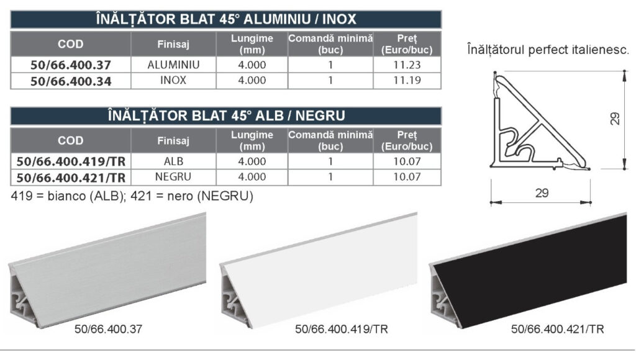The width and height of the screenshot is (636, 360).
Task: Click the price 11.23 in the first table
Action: [407, 65]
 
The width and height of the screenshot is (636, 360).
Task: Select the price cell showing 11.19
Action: [407, 81]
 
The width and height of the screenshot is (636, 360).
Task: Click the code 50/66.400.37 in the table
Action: [71, 65]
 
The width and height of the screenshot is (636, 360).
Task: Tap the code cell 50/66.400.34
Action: [71, 81]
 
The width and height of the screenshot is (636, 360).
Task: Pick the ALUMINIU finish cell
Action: [173, 65]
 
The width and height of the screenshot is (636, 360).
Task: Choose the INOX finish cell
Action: [173, 81]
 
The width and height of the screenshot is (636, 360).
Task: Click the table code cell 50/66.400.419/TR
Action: [71, 161]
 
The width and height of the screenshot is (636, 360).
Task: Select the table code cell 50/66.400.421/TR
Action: [71, 177]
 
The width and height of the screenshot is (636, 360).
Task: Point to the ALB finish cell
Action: [173, 161]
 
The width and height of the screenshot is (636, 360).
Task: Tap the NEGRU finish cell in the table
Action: [173, 177]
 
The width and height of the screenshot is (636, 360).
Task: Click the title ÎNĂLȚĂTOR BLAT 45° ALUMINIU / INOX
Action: [226, 19]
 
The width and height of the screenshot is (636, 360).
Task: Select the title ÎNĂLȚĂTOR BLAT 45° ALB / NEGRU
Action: [226, 116]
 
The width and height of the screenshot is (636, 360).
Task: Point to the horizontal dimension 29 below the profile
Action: [542, 193]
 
